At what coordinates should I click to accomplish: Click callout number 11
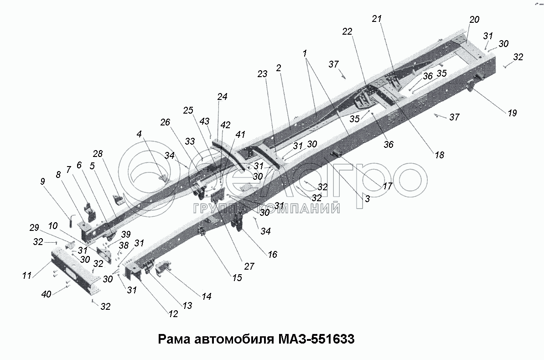27,276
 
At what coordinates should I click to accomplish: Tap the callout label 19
512,113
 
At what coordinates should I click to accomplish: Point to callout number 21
376,19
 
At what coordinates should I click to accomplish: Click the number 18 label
439,155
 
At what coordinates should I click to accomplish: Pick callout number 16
272,255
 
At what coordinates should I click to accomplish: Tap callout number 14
207,296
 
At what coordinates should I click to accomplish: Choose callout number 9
42,181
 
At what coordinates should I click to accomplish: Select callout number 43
205,121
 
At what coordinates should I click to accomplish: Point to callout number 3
367,199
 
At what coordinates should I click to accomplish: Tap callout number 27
249,266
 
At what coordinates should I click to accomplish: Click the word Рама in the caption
174,340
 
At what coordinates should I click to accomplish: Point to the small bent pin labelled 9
72,219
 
